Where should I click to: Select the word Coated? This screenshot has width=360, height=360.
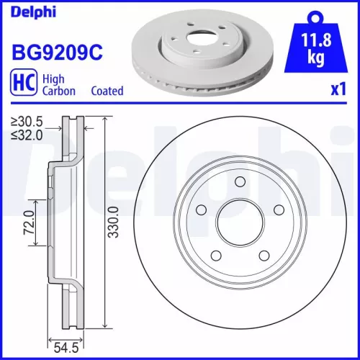107,91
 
